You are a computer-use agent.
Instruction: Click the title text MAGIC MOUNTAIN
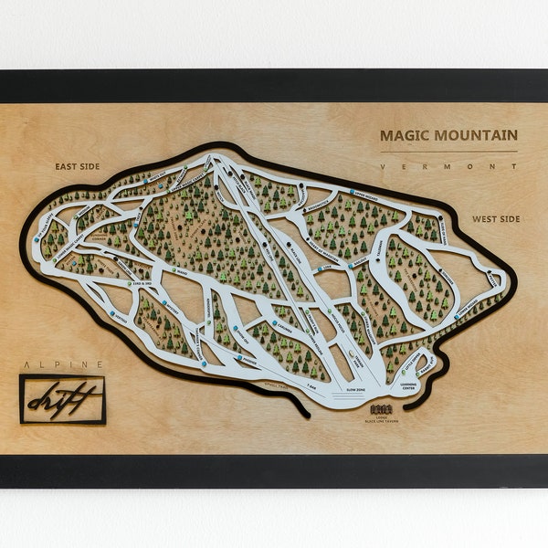[x=448, y=135]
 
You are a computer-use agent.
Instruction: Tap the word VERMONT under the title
[x=448, y=166]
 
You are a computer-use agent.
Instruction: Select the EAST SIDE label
[x=77, y=166]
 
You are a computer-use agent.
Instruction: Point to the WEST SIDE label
[x=496, y=219]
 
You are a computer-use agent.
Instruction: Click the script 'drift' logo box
[x=63, y=399]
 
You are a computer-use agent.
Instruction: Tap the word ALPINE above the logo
[x=61, y=364]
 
